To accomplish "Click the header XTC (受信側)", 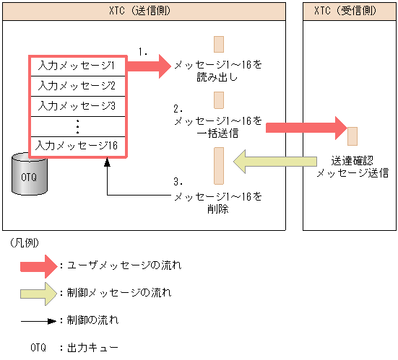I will click(x=350, y=11).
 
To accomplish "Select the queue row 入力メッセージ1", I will click(x=77, y=66).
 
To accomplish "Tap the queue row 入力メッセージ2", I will click(x=77, y=85).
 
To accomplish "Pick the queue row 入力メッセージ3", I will click(x=77, y=105).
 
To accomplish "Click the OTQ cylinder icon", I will click(x=29, y=173).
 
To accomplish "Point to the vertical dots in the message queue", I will click(x=77, y=126).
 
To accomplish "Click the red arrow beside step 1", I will click(x=150, y=66).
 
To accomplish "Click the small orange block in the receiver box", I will click(x=352, y=136).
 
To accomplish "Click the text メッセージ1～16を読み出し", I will click(x=217, y=71).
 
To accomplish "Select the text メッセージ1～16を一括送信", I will click(x=217, y=127).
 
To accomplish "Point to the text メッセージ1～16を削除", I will click(x=217, y=202).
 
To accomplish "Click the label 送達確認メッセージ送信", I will click(x=350, y=167).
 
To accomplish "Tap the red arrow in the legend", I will click(x=38, y=265).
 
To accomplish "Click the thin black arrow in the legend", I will click(x=38, y=319).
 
